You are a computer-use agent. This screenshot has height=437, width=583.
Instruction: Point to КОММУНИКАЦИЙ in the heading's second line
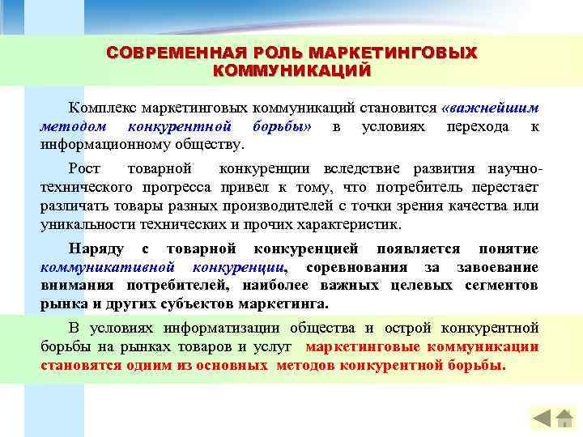pyautogui.click(x=291, y=70)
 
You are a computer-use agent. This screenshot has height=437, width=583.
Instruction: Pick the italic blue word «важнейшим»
pyautogui.click(x=492, y=107)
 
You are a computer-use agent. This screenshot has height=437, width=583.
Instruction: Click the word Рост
pyautogui.click(x=85, y=169)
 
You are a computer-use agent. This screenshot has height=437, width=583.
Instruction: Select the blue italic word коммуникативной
pyautogui.click(x=107, y=267)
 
